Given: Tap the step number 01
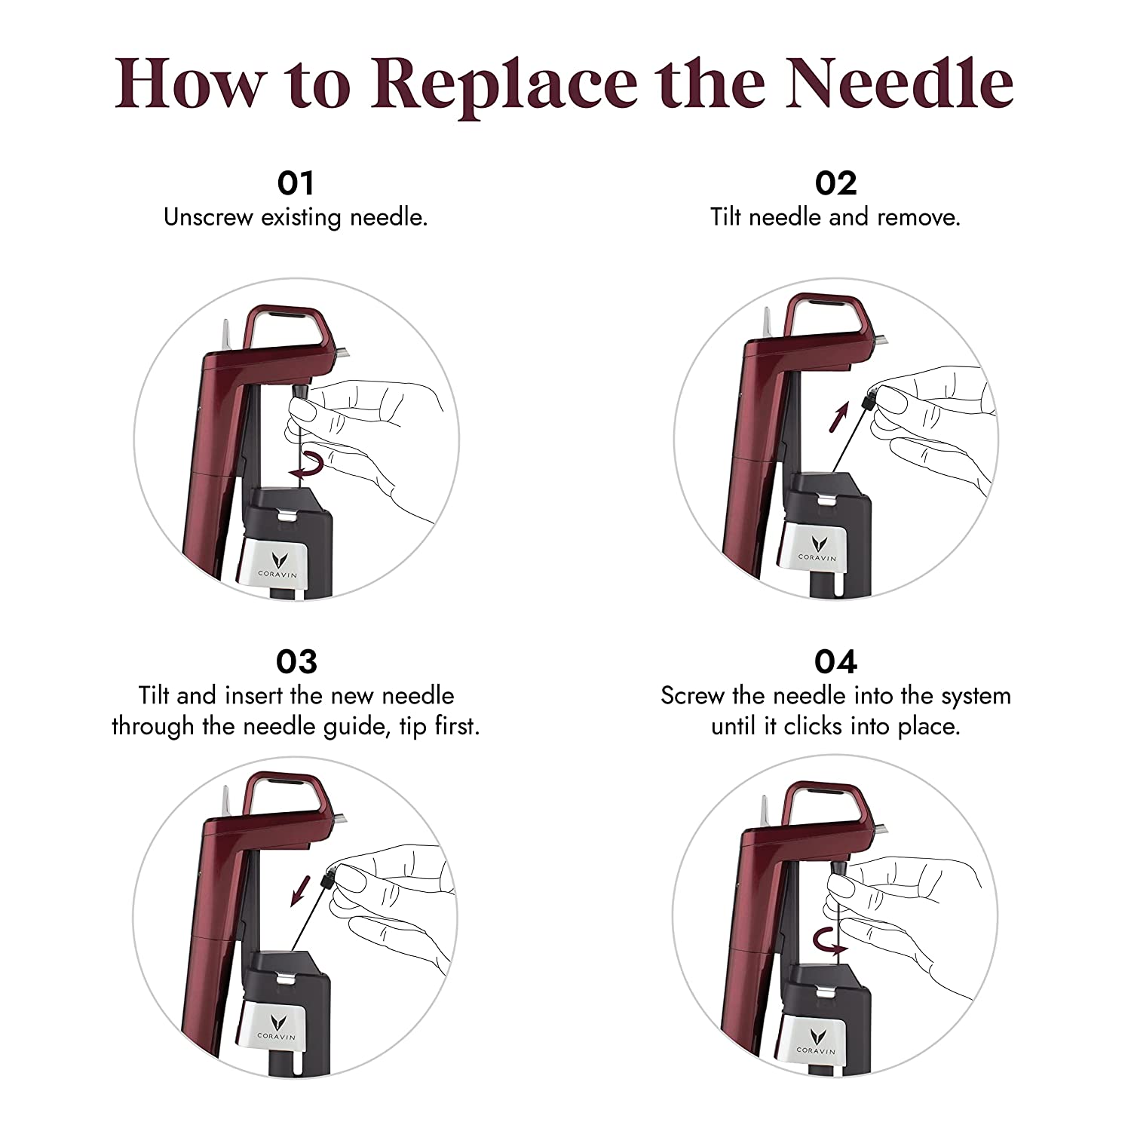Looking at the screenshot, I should tap(296, 183).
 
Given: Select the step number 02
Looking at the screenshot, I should tap(835, 183).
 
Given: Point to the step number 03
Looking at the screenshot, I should tap(296, 661).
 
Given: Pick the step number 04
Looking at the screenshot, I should tap(835, 661).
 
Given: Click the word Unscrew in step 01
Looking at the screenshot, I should tap(208, 217).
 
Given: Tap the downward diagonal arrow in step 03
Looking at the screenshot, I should tap(302, 891).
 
